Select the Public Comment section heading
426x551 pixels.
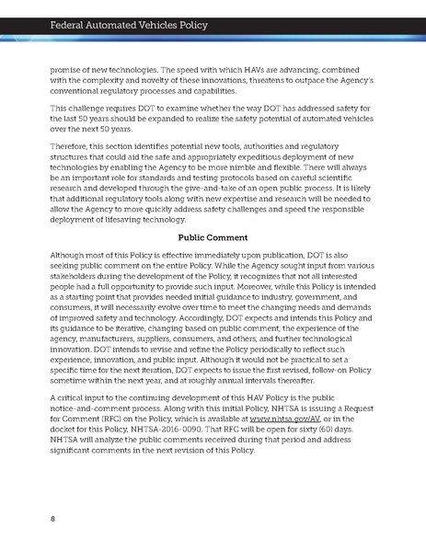[x=213, y=235]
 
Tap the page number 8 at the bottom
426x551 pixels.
[x=52, y=518]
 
